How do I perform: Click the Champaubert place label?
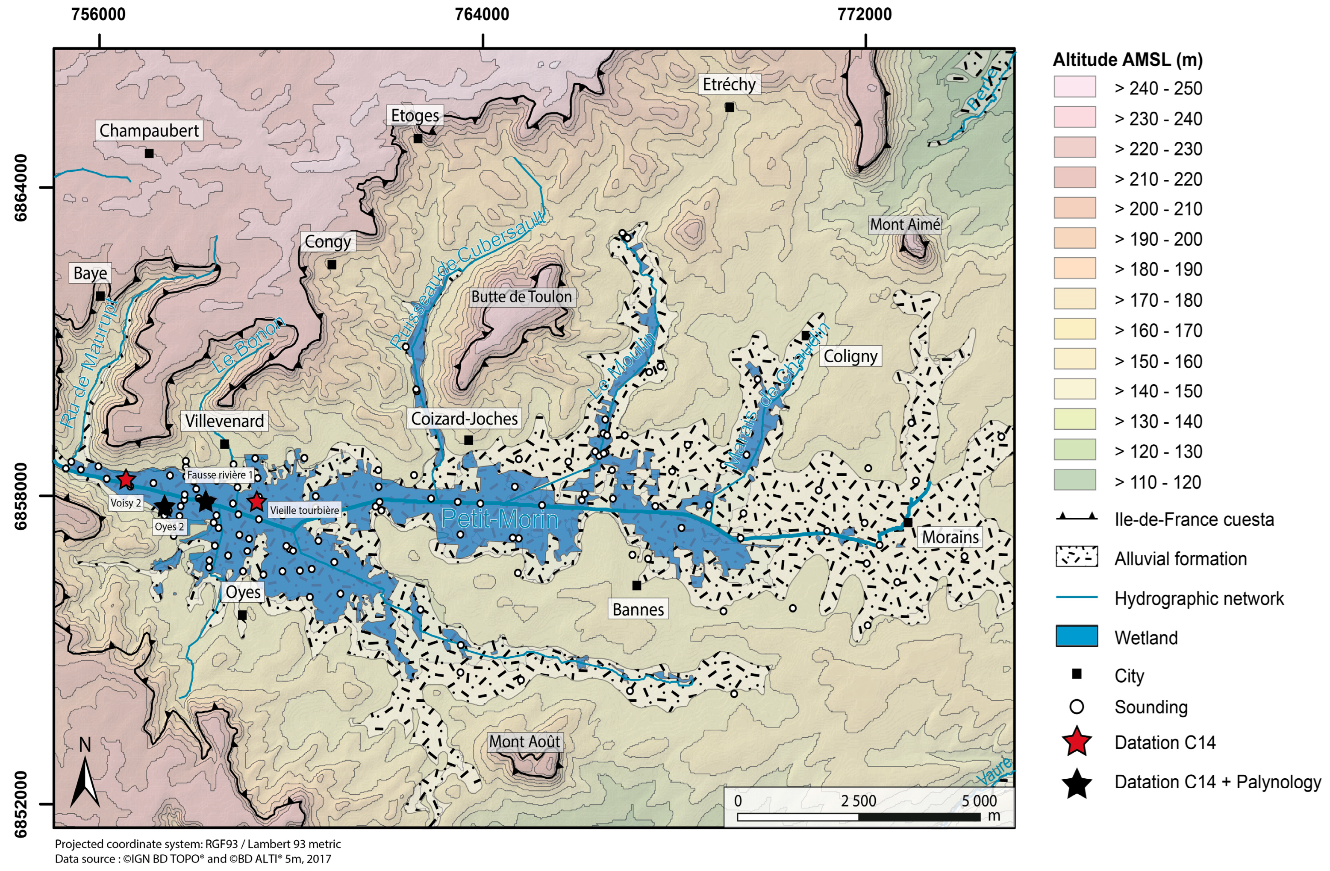[x=149, y=131]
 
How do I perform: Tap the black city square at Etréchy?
[x=729, y=107]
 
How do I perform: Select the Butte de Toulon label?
[x=521, y=296]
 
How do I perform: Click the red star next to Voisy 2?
[x=126, y=479]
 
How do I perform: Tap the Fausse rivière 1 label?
[x=220, y=475]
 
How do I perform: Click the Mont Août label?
[x=524, y=742]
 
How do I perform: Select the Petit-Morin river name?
[x=500, y=519]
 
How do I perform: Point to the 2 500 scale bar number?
[x=858, y=801]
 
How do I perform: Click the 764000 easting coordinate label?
[x=482, y=15]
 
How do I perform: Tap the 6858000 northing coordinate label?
[x=20, y=496]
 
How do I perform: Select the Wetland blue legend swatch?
[x=1076, y=636]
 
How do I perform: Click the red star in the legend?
[x=1076, y=742]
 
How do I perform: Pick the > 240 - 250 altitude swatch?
[x=1074, y=87]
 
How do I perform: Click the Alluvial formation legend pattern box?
[x=1076, y=557]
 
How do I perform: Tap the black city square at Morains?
[x=908, y=522]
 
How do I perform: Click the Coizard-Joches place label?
[x=465, y=419]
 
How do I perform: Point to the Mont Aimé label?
[x=905, y=225]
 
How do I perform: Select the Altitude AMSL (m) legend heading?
[x=1127, y=59]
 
